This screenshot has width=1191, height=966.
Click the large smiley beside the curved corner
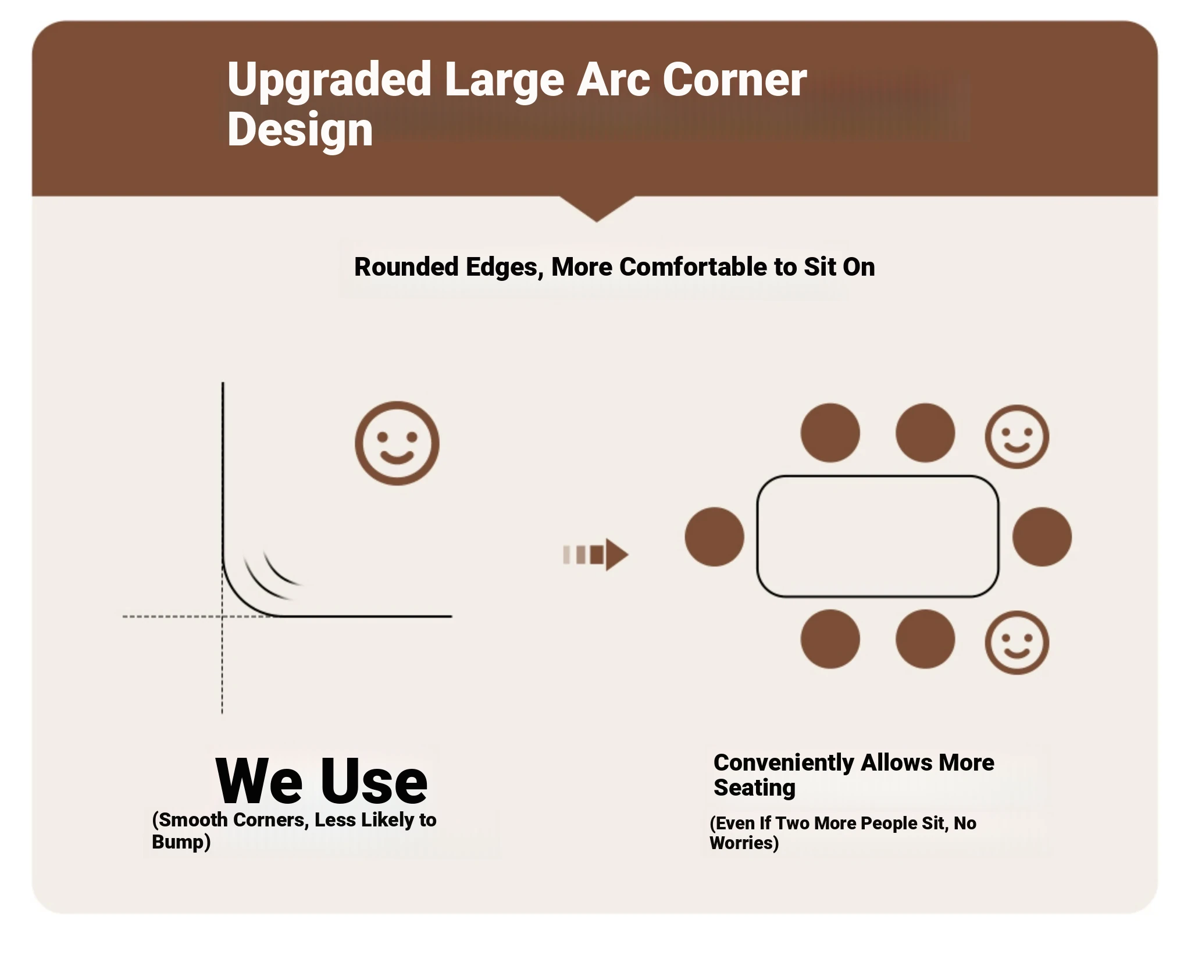tap(397, 443)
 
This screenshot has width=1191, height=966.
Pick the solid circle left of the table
tap(714, 537)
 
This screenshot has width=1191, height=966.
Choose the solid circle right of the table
tap(1042, 537)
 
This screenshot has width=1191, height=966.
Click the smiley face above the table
tap(1017, 437)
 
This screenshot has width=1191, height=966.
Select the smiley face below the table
tap(1017, 643)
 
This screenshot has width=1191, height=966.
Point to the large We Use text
tap(322, 780)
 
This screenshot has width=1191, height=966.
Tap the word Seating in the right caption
tap(754, 787)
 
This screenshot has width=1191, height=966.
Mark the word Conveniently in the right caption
tap(783, 762)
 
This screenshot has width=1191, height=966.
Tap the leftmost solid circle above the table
tap(830, 433)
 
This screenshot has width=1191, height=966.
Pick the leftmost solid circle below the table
tap(830, 639)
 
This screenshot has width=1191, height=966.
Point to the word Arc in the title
tap(613, 80)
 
